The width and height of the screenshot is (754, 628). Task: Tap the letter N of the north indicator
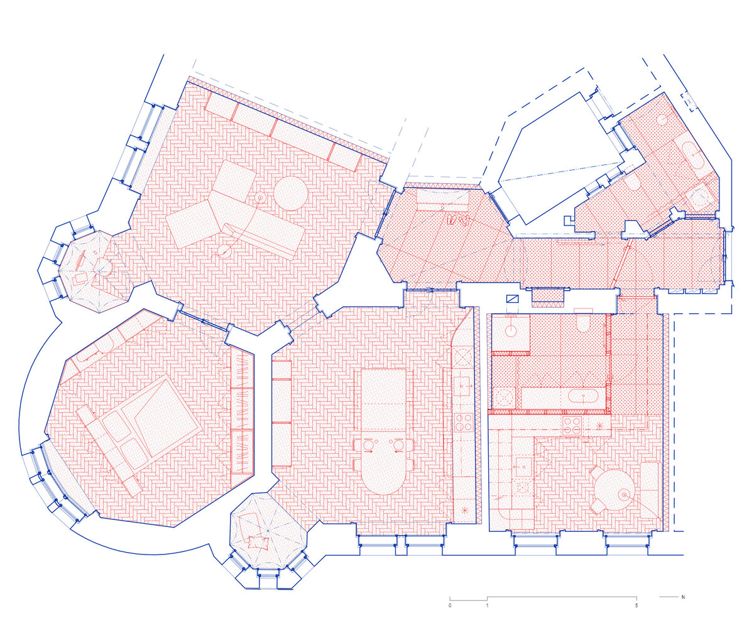pos(683,597)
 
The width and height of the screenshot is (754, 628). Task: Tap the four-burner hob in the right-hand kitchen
pos(571,425)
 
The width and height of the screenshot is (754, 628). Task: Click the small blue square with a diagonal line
pos(513,299)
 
